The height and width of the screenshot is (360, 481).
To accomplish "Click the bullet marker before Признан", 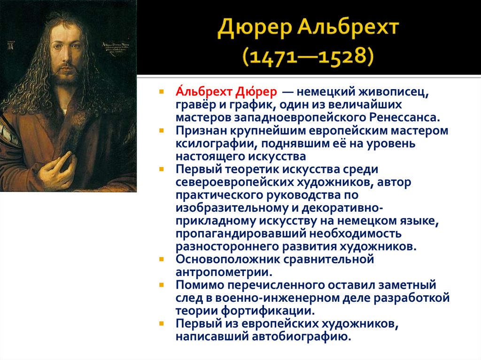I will click(x=161, y=130).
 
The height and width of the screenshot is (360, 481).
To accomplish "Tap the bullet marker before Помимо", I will click(x=161, y=285).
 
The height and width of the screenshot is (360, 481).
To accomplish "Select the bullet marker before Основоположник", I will click(x=161, y=259).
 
